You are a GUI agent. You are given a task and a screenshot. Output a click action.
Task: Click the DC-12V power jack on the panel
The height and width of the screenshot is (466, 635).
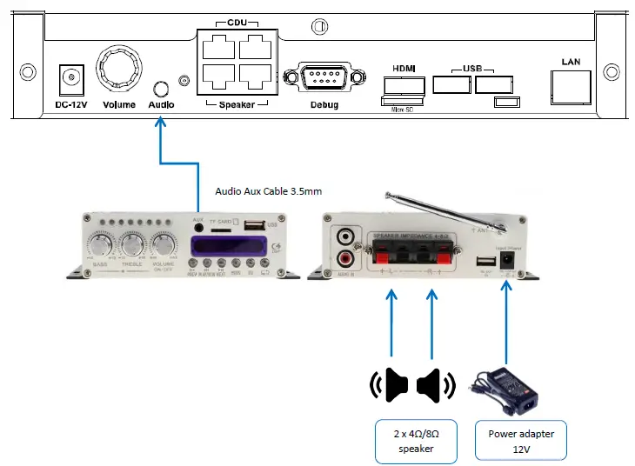pyautogui.click(x=69, y=80)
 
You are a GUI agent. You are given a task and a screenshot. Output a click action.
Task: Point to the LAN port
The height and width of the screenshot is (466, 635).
pyautogui.click(x=571, y=85)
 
